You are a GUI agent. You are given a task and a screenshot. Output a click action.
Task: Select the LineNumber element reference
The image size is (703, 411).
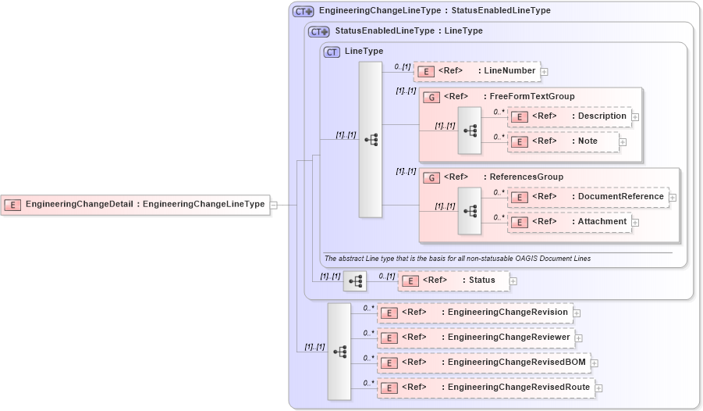[476, 71]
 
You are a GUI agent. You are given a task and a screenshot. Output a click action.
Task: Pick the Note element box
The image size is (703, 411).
[563, 141]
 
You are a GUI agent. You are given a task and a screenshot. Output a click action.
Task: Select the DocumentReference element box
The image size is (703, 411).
[588, 197]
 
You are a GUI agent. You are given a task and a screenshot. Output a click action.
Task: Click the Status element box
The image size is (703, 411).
[453, 281]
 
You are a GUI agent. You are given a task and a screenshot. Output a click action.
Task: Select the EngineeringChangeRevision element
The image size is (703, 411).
[474, 313]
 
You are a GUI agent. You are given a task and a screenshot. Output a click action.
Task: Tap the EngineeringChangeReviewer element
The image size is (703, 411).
[474, 338]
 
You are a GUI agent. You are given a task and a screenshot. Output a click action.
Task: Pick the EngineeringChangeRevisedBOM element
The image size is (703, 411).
[483, 363]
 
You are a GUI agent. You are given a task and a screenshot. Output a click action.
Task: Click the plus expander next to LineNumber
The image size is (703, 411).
[545, 72]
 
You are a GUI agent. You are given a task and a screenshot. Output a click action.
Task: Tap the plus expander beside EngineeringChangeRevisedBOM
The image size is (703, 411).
[595, 363]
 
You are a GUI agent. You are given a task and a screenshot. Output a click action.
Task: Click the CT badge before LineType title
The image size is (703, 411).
[332, 52]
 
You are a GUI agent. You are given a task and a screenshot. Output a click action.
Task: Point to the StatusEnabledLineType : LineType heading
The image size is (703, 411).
[408, 31]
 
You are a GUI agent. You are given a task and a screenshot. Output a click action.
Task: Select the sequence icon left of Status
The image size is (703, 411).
[355, 281]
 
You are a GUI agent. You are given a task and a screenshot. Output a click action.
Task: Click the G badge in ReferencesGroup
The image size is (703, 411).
[431, 177]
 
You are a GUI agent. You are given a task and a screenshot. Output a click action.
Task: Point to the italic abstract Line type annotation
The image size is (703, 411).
[457, 259]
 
